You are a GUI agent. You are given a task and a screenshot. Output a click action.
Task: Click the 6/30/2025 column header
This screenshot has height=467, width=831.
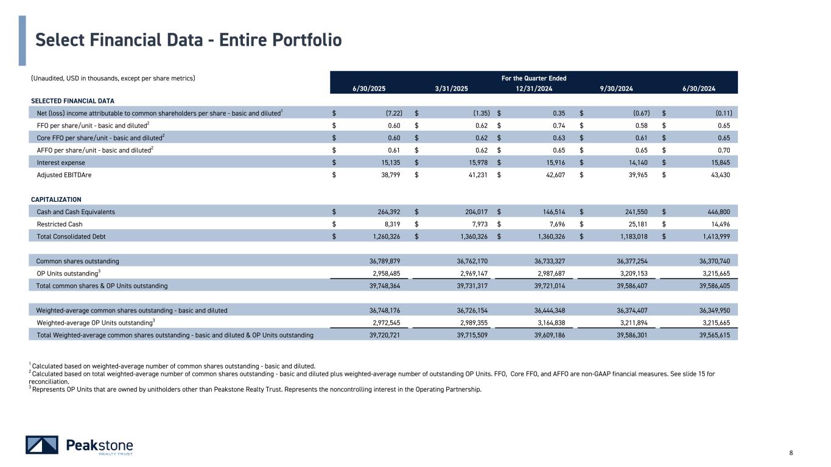pyautogui.click(x=369, y=88)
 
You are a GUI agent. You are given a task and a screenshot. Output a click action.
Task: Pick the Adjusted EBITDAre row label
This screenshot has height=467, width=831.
pyautogui.click(x=61, y=175)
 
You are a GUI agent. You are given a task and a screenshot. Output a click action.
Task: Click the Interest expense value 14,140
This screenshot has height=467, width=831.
pyautogui.click(x=636, y=162)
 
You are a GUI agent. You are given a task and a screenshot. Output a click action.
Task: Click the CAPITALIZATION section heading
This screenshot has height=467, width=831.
pyautogui.click(x=56, y=199)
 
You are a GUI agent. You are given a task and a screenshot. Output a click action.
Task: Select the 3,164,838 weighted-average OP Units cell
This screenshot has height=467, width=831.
pyautogui.click(x=550, y=322)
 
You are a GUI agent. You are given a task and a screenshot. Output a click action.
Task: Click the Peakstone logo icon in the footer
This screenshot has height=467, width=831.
pyautogui.click(x=41, y=445)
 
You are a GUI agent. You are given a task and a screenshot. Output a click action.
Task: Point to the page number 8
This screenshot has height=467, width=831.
pyautogui.click(x=791, y=452)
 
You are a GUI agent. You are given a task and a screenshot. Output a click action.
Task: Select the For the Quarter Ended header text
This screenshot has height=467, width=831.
pyautogui.click(x=533, y=78)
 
